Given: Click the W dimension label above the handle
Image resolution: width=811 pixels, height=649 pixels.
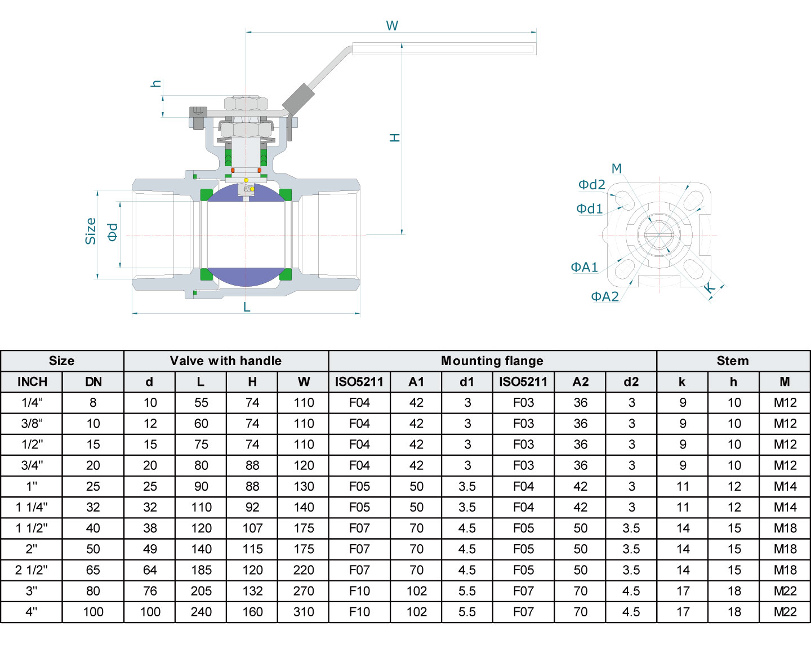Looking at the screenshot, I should [392, 25].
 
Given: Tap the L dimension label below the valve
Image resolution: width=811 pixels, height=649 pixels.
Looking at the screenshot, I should [247, 307].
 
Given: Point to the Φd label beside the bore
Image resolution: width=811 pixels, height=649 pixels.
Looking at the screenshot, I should [113, 232].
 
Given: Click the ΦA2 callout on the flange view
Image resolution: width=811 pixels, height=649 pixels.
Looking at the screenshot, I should [605, 296].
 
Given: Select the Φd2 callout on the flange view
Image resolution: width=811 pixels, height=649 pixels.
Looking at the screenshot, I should [592, 185].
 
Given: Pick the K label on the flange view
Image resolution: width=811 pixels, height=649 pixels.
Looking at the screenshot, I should [710, 289].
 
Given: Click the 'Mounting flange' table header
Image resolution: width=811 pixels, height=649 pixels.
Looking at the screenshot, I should [492, 361].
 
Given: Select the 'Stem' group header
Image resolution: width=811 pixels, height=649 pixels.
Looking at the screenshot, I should [733, 361].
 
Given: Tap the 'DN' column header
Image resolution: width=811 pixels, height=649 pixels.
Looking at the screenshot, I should [93, 381].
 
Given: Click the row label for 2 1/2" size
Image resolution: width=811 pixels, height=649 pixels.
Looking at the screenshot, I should [32, 570].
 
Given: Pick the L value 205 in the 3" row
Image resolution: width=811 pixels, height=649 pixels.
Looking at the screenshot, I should [201, 591].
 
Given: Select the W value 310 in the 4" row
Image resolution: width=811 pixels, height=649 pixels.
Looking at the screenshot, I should [304, 612].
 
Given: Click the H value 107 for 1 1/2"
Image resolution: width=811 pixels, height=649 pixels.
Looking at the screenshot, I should [252, 528].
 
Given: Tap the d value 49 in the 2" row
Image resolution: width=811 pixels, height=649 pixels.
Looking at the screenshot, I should [150, 549].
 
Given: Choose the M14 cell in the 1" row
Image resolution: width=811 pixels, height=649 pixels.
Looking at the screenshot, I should [785, 486].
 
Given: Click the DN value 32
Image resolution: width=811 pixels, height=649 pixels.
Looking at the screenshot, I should [93, 507].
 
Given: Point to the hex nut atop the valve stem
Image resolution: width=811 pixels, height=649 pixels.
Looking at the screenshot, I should [246, 104].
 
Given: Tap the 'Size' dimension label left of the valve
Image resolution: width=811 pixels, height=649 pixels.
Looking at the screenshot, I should [91, 231].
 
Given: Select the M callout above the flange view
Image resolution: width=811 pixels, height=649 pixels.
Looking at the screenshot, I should [617, 168].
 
